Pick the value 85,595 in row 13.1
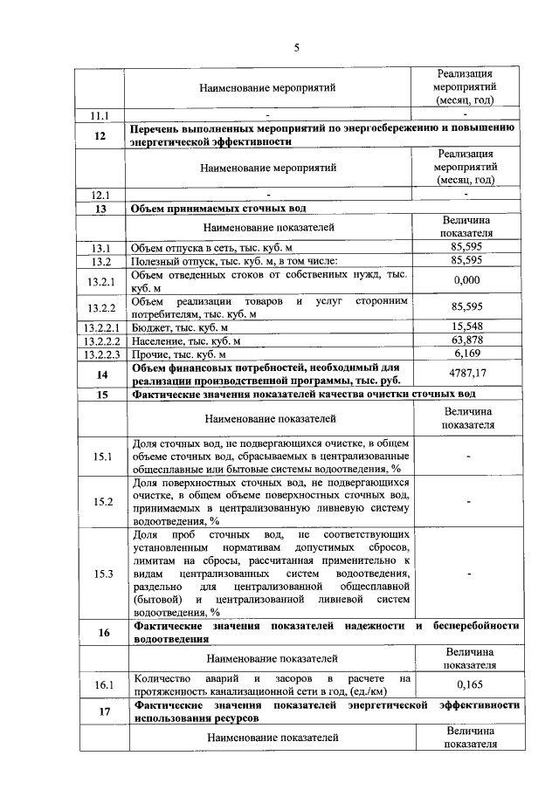point(467,248)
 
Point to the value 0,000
point(467,281)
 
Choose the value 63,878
point(467,340)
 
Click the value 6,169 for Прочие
point(467,354)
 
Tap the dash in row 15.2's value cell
point(470,501)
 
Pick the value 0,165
point(469,686)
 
